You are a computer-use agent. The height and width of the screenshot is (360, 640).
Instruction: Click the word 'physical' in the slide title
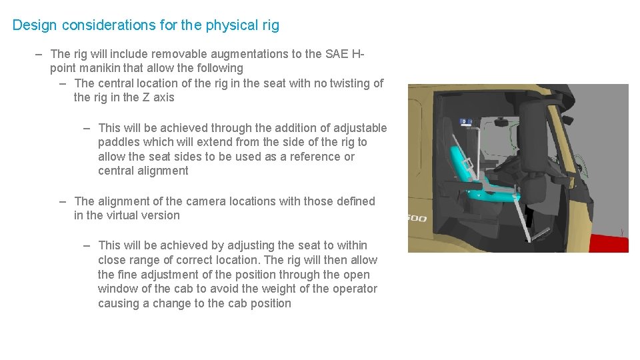[231, 25]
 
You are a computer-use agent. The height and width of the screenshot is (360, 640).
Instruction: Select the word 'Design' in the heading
[35, 25]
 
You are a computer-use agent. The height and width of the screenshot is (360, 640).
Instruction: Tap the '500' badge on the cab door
[417, 219]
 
